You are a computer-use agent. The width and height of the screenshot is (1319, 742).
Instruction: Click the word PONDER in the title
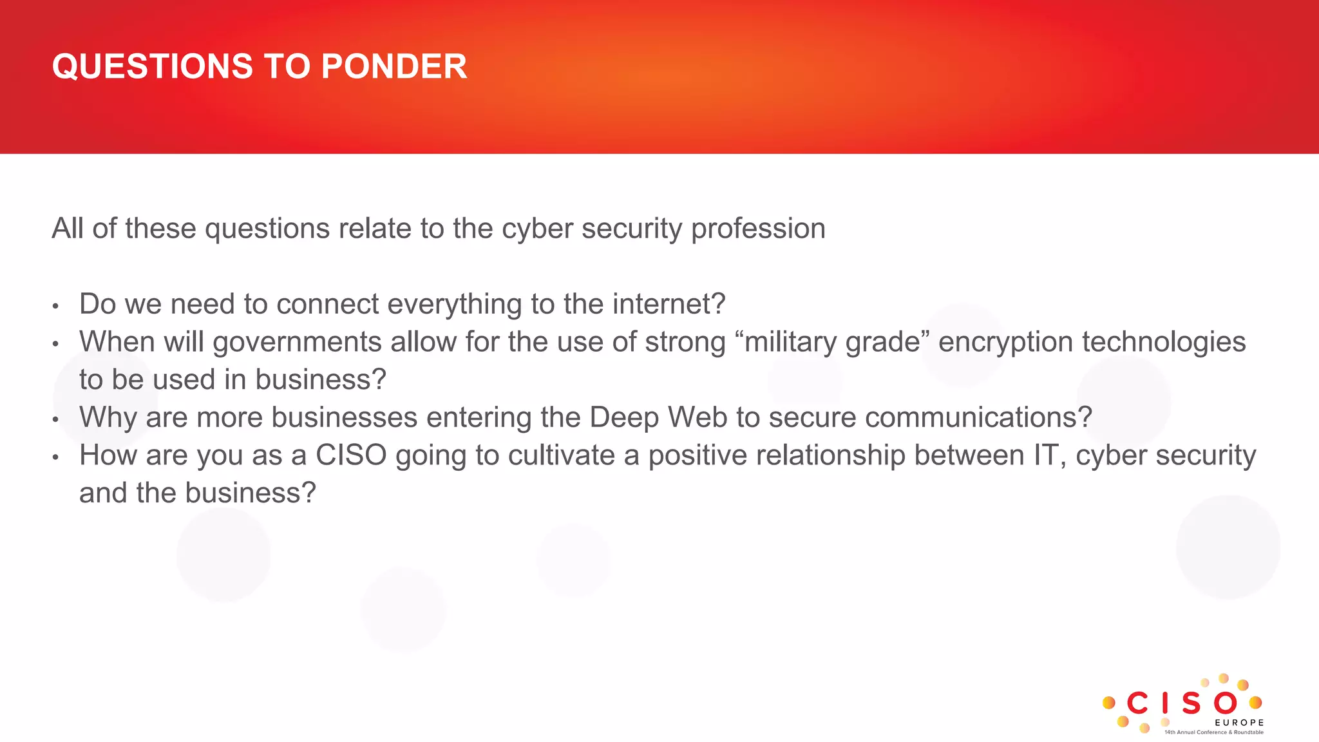[394, 66]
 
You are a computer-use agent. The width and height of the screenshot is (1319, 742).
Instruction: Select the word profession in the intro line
[758, 229]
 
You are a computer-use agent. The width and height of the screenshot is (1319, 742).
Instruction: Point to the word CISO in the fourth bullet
[351, 455]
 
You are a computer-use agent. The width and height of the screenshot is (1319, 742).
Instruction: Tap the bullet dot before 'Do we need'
[56, 306]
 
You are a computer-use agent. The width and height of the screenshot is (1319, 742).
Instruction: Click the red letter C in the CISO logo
[1137, 703]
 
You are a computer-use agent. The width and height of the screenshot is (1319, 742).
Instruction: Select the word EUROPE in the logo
[1239, 723]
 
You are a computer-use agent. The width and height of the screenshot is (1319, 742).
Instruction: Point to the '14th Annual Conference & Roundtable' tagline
[1213, 732]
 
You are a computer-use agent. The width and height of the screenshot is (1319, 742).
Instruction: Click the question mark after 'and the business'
[308, 493]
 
